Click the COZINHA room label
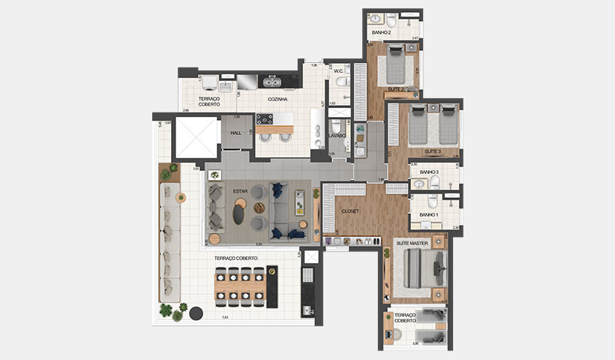coord(278,99)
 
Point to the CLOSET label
coord(350,211)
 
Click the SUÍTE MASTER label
coord(413,241)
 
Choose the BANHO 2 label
coord(382,33)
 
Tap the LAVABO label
coord(337,136)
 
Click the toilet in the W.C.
coord(341,82)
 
